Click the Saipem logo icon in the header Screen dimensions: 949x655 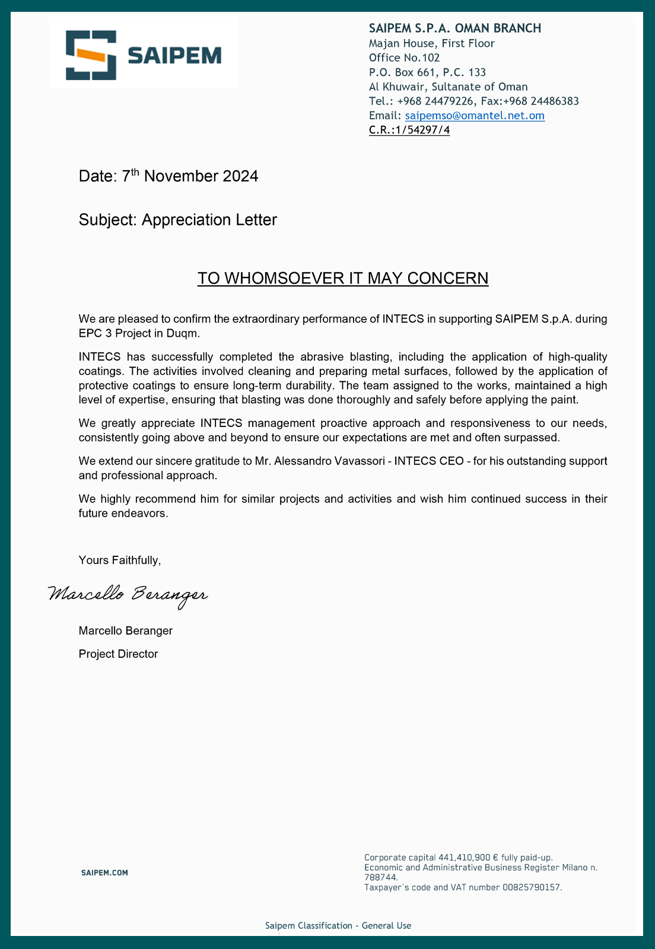pos(91,55)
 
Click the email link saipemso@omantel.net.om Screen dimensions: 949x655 pos(475,116)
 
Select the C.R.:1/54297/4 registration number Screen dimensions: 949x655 pos(409,130)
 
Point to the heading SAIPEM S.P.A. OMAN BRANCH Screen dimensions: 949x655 pos(455,28)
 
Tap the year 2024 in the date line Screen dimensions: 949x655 pos(240,176)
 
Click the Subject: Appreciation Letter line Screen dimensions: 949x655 pos(178,220)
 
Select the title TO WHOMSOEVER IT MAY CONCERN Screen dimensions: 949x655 pos(343,278)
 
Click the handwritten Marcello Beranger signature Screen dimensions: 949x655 pos(128,594)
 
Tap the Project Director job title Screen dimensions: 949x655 pos(118,654)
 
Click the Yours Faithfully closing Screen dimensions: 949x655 pos(120,561)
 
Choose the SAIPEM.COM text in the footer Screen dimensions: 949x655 pos(104,872)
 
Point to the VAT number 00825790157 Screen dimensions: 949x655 pos(532,888)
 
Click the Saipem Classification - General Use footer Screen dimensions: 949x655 pos(338,926)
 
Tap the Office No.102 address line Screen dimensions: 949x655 pos(405,58)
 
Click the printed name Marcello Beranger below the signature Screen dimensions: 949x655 pos(126,630)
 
